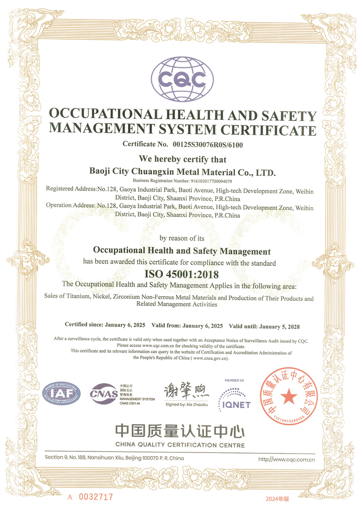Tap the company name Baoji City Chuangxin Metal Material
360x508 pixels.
(x=183, y=171)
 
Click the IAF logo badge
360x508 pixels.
(x=62, y=394)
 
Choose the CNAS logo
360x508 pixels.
(x=104, y=394)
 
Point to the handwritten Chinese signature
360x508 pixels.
(x=187, y=392)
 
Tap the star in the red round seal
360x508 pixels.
(x=289, y=395)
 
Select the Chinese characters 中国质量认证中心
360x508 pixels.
(x=180, y=430)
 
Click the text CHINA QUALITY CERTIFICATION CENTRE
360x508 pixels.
(x=180, y=444)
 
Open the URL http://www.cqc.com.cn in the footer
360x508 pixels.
(x=286, y=459)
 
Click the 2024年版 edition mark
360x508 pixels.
(x=278, y=498)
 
